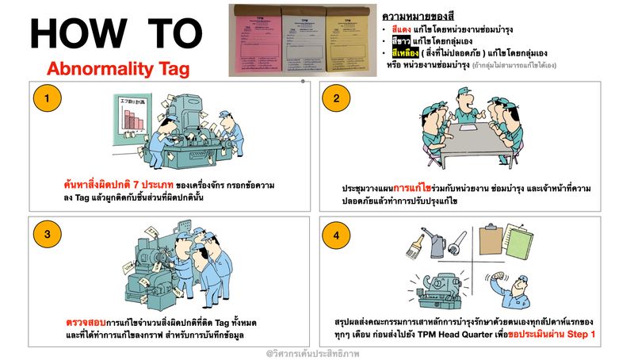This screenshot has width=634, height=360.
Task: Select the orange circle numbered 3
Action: pyautogui.click(x=48, y=234)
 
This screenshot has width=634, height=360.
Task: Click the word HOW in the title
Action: pyautogui.click(x=71, y=33)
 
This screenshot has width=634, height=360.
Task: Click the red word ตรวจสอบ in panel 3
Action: pyautogui.click(x=82, y=324)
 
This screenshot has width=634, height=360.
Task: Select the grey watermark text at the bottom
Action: pyautogui.click(x=316, y=352)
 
